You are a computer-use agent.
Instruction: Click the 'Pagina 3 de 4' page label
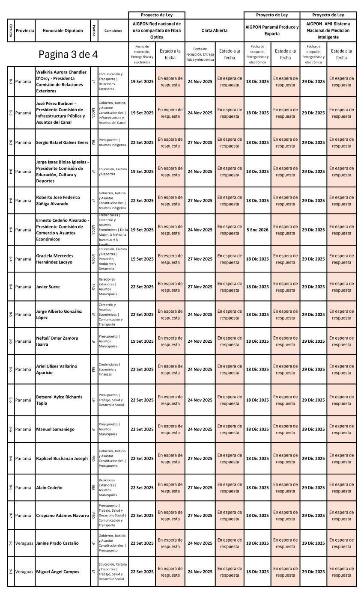(68, 54)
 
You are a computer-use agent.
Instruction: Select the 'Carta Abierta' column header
(214, 30)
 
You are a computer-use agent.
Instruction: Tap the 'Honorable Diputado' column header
(63, 30)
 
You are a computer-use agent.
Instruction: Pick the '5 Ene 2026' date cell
(257, 230)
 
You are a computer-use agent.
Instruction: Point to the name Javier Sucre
(48, 287)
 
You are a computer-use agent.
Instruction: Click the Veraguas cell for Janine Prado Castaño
(24, 543)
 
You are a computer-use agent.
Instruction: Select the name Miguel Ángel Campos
(57, 572)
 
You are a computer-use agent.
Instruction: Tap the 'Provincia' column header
(24, 30)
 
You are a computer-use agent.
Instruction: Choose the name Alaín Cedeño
(49, 487)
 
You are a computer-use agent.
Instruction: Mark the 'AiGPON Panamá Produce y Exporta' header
(272, 30)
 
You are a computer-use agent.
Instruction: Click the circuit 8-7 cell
(11, 515)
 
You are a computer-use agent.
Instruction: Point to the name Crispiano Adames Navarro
(63, 515)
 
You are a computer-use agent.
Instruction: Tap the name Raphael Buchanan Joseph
(62, 458)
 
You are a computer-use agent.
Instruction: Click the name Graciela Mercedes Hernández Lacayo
(54, 259)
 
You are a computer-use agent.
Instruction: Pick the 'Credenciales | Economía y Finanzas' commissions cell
(109, 369)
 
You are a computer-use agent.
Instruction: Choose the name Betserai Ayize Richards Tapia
(59, 400)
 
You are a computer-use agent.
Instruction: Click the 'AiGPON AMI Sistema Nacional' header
(328, 30)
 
